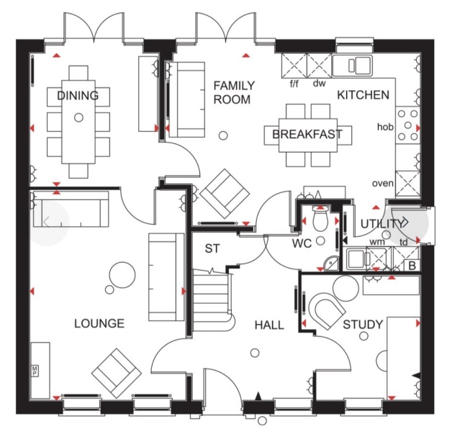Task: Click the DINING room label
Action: (x=78, y=96)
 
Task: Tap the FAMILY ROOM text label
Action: (x=232, y=93)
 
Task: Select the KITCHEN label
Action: (x=363, y=94)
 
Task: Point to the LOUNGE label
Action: (x=99, y=323)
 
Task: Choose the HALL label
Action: (x=269, y=325)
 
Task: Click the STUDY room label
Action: (x=362, y=325)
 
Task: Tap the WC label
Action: (x=302, y=243)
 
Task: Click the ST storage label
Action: (x=212, y=249)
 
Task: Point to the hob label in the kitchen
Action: (x=386, y=127)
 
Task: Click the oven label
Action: (x=382, y=183)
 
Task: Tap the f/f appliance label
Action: (x=294, y=84)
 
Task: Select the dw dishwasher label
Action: (x=319, y=84)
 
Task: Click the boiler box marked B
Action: (x=412, y=265)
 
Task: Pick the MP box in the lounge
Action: (x=34, y=372)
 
